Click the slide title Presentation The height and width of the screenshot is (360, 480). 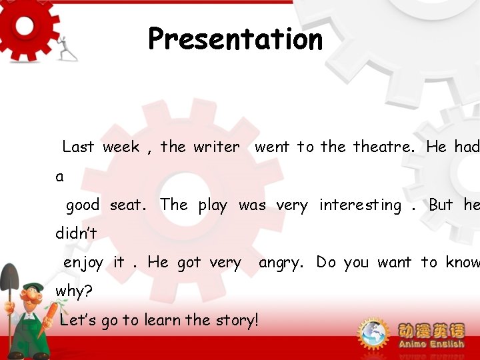point(235,39)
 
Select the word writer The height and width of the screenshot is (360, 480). point(217,147)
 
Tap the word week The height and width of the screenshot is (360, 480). point(121,147)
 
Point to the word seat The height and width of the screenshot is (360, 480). point(127,205)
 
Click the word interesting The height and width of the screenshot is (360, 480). point(360,205)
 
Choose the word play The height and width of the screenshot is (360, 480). point(213,205)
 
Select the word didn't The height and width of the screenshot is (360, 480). point(76,234)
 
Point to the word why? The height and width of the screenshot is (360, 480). point(74,291)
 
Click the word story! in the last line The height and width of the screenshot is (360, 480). point(235,320)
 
